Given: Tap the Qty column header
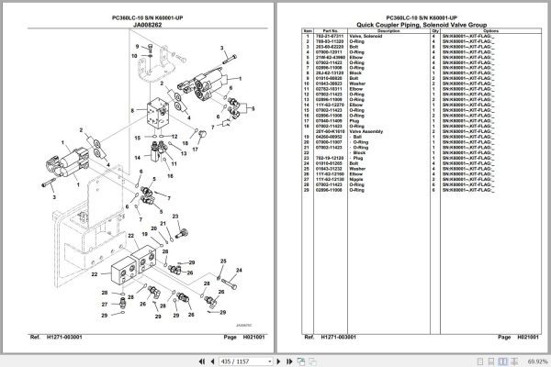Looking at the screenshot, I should click(433, 30).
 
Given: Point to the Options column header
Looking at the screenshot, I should click(489, 30).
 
